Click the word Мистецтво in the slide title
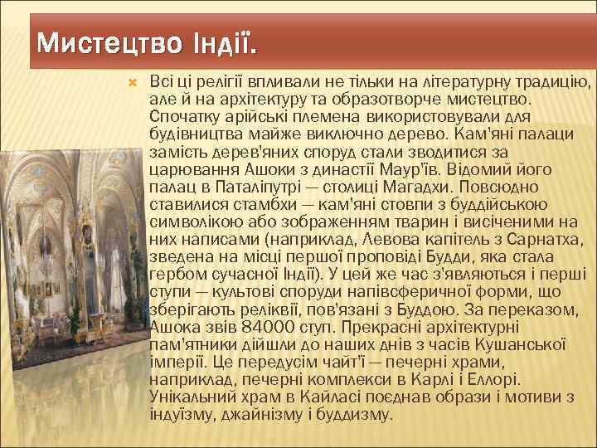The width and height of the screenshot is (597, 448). click(x=103, y=41)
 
